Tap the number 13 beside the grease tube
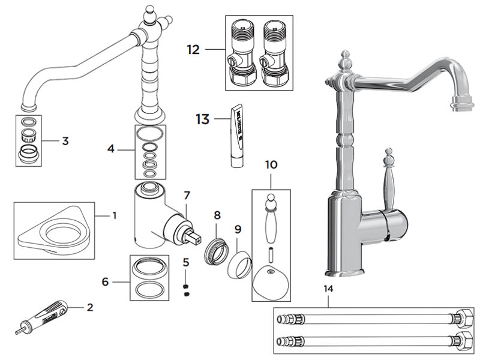coord(202,119)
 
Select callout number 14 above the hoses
coord(328,289)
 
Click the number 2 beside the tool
coord(90,308)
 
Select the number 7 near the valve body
coord(187,196)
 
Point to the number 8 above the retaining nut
coord(217,214)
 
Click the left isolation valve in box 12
coord(242,55)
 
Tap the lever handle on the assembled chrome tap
coord(386,186)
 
